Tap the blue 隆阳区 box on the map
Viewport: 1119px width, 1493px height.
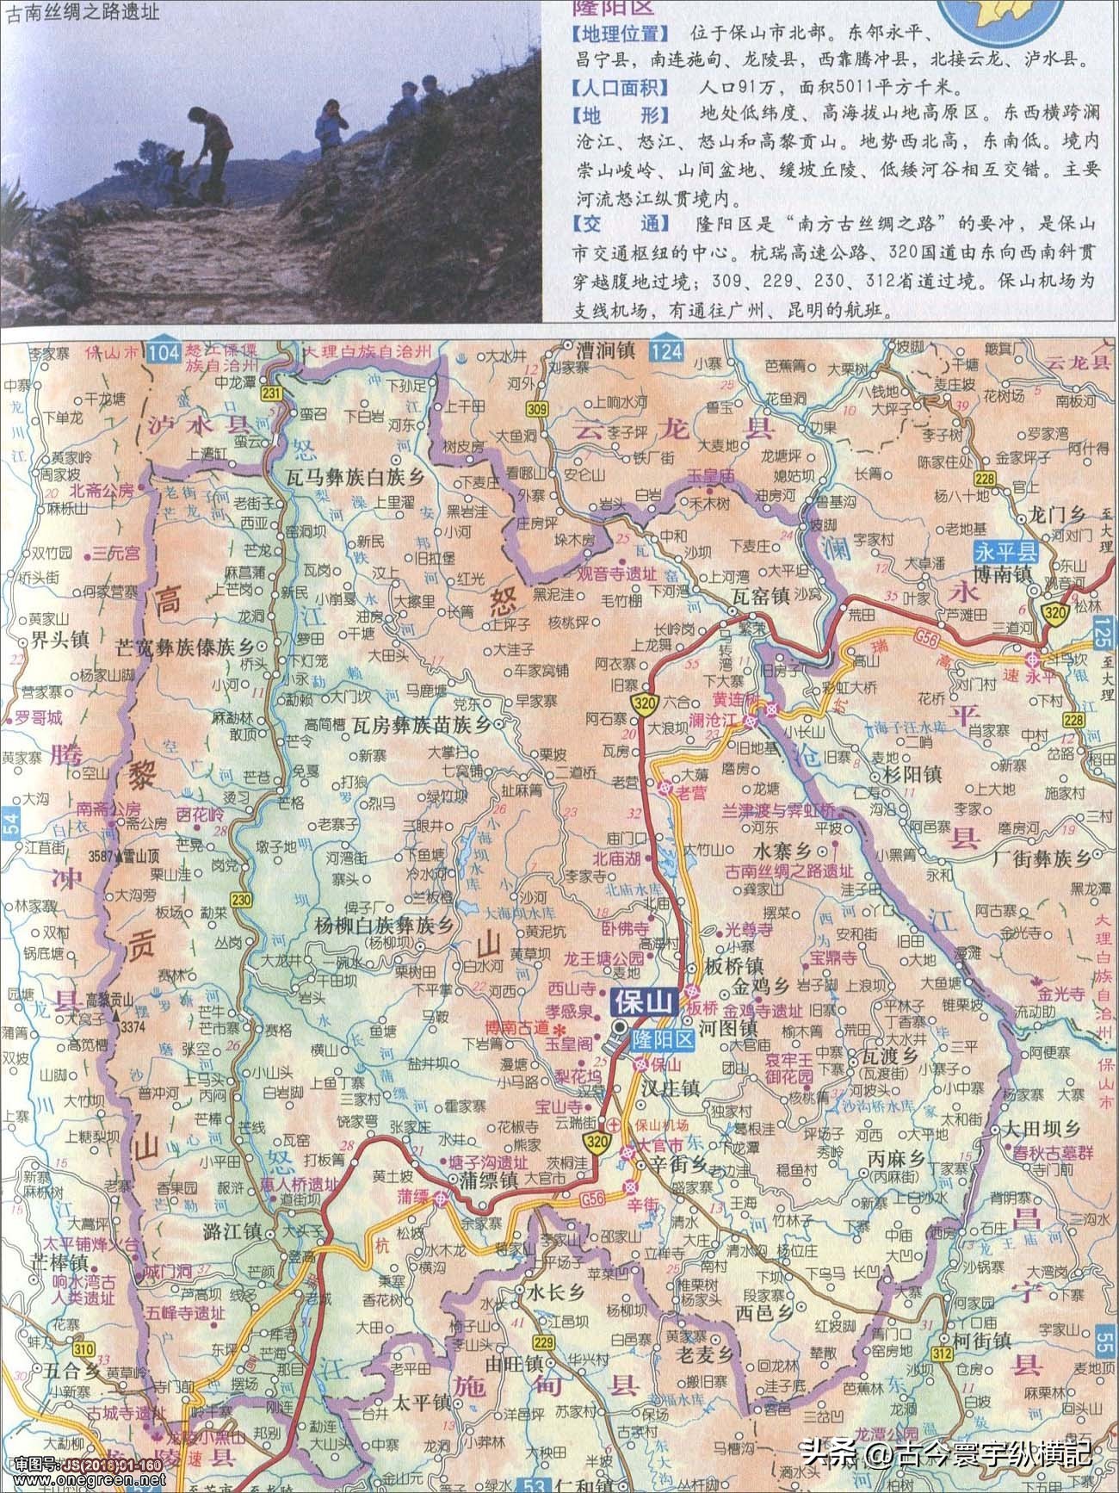pos(662,1039)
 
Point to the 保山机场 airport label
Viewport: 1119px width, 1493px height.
pos(664,1124)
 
